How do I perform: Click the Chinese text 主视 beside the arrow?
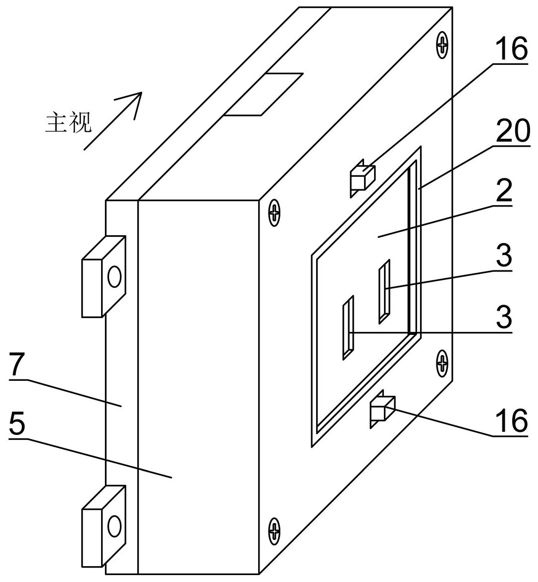[68, 122]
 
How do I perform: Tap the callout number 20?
[512, 133]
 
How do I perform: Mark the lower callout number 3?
[504, 317]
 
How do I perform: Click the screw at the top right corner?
[442, 46]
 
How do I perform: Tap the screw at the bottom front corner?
[274, 529]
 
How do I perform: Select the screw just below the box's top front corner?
[273, 214]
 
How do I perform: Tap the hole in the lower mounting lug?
[114, 525]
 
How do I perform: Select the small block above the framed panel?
[362, 176]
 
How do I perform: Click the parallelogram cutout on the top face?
[264, 95]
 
